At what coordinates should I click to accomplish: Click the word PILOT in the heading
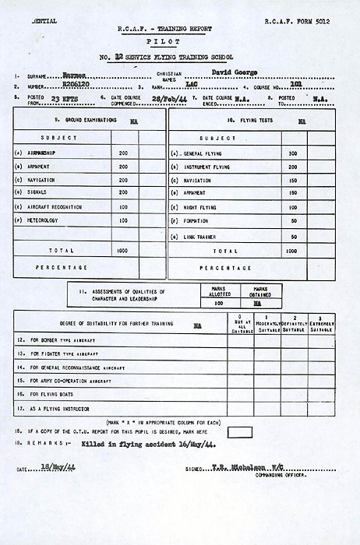(179, 47)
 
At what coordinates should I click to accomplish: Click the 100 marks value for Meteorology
(122, 221)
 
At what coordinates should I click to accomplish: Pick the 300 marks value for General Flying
(293, 154)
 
